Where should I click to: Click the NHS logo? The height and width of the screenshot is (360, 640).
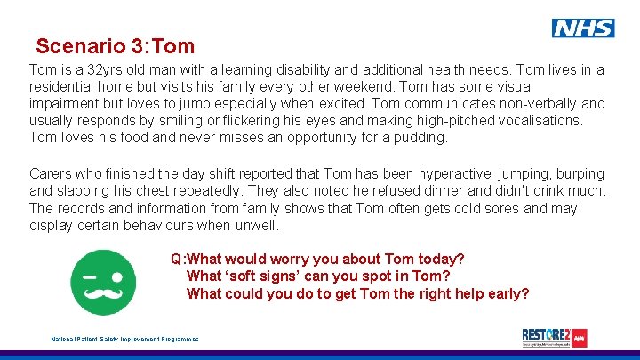coord(582,28)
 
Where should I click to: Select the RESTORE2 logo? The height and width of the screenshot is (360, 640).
coord(555,338)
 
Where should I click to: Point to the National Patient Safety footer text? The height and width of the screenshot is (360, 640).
coord(125,339)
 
